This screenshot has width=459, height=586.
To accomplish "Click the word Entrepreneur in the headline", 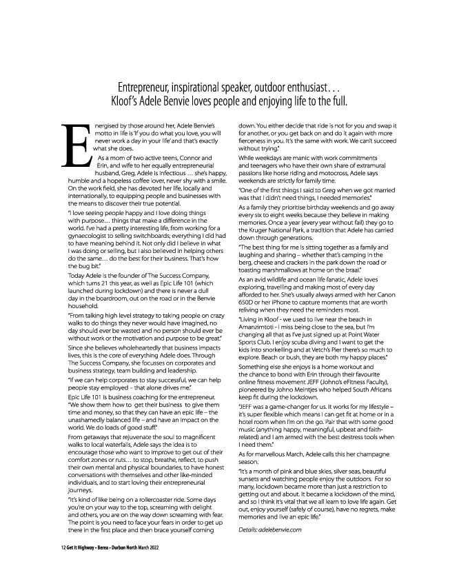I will tap(143, 88).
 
